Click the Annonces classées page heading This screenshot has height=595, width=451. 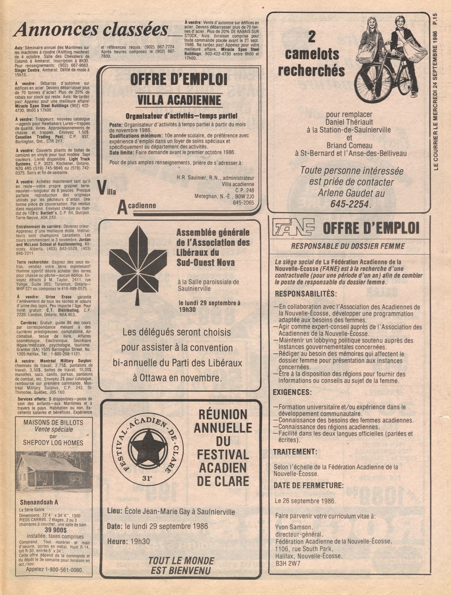pos(90,30)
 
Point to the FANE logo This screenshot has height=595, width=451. pos(293,228)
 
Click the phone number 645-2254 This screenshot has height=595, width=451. pos(350,204)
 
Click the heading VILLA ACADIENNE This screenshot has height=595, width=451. pos(179,100)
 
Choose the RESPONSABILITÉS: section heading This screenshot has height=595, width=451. pos(305,294)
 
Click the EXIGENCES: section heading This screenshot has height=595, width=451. pos(292,392)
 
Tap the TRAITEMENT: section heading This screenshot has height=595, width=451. pos(295,452)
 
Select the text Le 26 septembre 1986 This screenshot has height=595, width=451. pos(305,501)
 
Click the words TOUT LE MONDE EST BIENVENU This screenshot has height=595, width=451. pos(181,566)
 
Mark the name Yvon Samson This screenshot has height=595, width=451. pos(294,527)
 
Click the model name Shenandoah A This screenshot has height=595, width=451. pos(39,502)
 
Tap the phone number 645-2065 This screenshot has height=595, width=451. pos(243,203)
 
